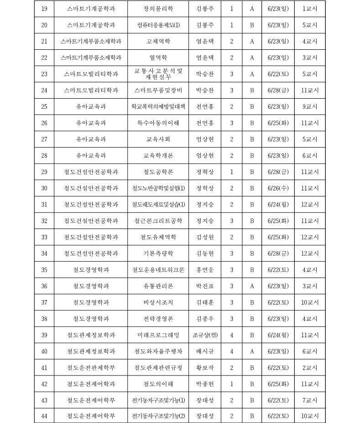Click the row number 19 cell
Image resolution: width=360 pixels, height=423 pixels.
click(x=44, y=9)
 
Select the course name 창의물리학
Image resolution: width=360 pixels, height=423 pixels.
click(x=158, y=9)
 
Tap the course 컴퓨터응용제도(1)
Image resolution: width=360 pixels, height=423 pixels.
click(x=158, y=25)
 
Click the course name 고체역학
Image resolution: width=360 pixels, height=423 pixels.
click(x=158, y=41)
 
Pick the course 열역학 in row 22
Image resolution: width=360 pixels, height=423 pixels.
click(x=158, y=58)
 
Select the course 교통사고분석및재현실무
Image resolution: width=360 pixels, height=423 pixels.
click(x=158, y=74)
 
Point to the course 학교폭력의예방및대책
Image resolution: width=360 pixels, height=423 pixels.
click(x=158, y=106)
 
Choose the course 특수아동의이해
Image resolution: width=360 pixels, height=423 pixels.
click(x=158, y=123)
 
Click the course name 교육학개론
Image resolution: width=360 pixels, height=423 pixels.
click(x=158, y=155)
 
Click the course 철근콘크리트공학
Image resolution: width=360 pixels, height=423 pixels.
click(x=158, y=221)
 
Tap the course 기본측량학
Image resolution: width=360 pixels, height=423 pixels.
click(x=158, y=253)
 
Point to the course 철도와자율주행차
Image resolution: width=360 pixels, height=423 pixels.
click(x=158, y=351)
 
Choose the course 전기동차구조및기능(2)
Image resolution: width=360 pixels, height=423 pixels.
click(x=158, y=416)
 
